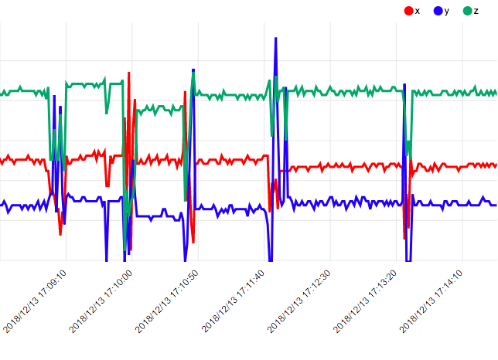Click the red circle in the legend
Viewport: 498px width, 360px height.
(x=408, y=10)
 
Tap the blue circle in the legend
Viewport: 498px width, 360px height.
(x=438, y=10)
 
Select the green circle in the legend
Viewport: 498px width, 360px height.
(x=467, y=10)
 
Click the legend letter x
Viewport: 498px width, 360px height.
(x=418, y=10)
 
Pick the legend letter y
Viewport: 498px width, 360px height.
(x=447, y=10)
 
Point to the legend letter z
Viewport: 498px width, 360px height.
(x=476, y=10)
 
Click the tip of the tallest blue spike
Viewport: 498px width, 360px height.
(x=275, y=38)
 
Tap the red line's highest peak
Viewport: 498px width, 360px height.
(x=128, y=73)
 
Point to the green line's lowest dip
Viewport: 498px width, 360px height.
(x=125, y=252)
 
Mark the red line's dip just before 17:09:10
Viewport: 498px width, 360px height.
(x=60, y=233)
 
